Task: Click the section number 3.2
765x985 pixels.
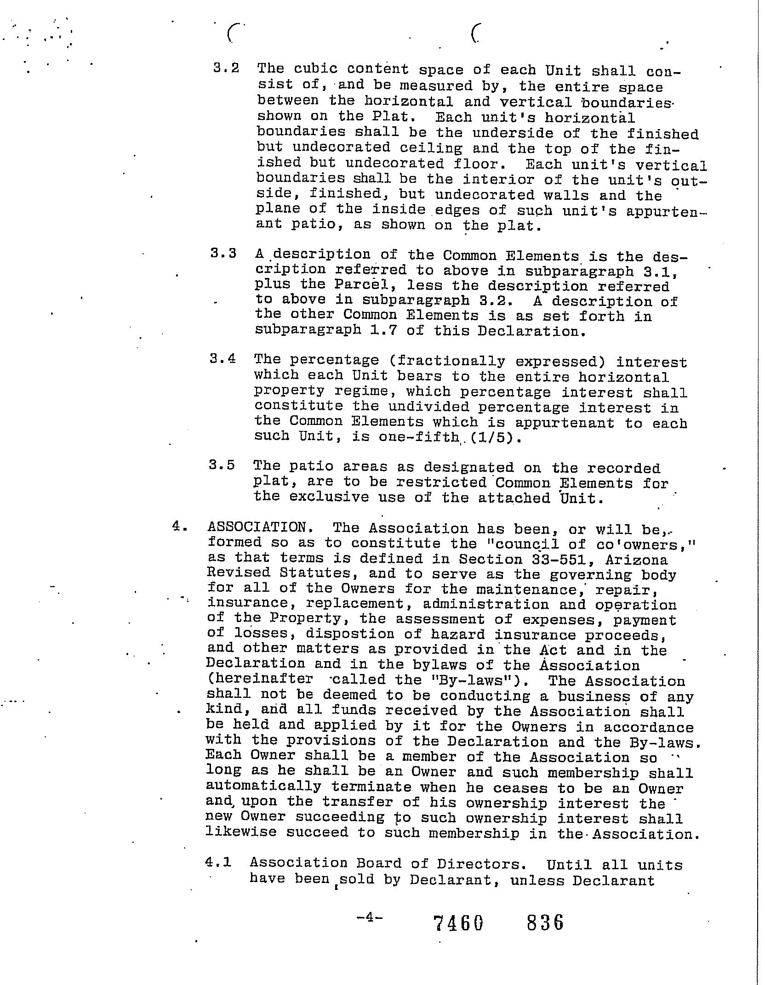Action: pos(226,69)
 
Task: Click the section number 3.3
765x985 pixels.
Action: pos(223,254)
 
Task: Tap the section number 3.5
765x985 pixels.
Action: pos(222,465)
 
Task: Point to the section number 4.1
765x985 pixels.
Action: pos(218,862)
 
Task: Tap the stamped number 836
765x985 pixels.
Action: pos(545,922)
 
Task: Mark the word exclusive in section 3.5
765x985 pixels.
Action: pos(329,498)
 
